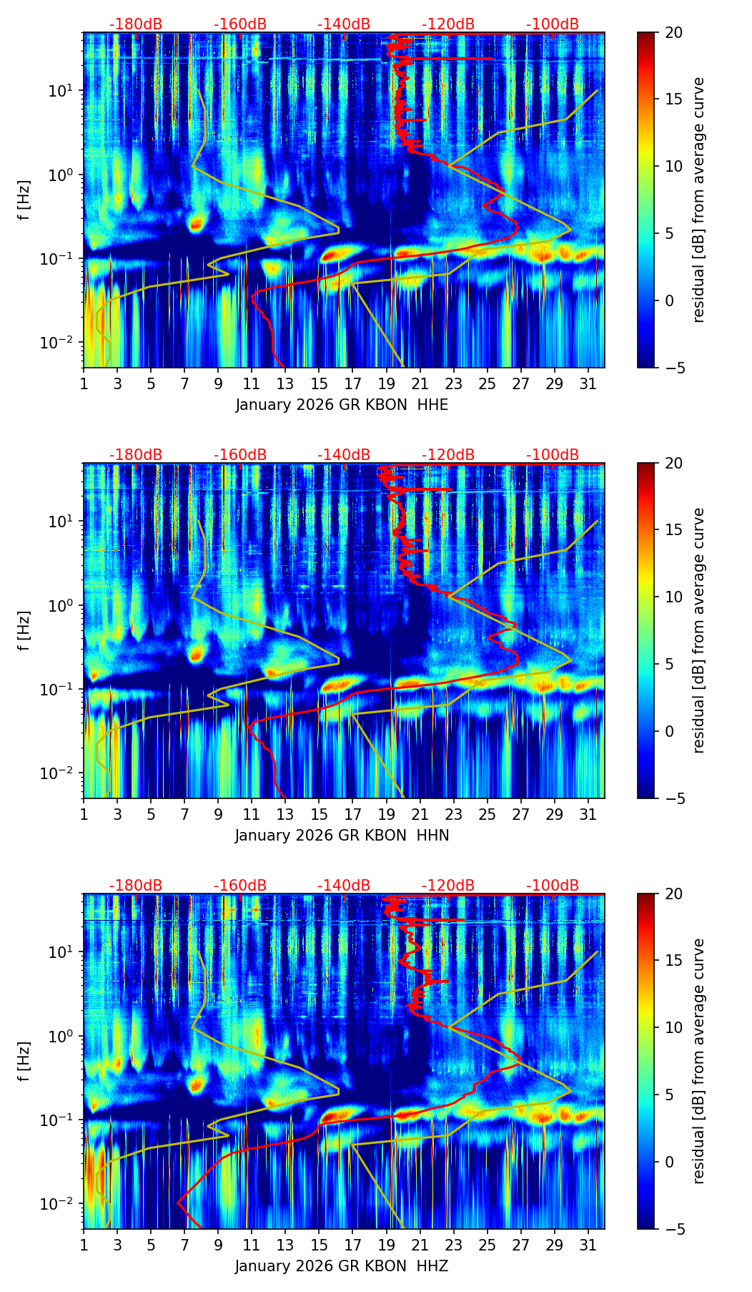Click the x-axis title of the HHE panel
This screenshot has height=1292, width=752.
[x=342, y=405]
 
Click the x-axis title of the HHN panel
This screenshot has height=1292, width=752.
[x=342, y=836]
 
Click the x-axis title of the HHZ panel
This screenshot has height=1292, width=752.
[x=342, y=1266]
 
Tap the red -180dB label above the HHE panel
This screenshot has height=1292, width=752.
[x=136, y=24]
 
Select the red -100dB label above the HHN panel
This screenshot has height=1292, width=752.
[x=553, y=455]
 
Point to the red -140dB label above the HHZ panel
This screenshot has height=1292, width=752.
[x=344, y=886]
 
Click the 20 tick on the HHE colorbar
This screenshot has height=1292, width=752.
[x=673, y=32]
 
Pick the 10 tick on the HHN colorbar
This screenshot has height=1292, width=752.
[x=673, y=597]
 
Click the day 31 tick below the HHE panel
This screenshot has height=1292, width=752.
[x=588, y=383]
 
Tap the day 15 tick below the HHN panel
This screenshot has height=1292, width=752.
[x=319, y=814]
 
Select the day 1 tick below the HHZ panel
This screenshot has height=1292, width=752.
[x=84, y=1245]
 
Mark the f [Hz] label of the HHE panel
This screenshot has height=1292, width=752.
[x=25, y=200]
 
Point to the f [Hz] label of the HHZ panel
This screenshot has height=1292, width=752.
[x=25, y=1061]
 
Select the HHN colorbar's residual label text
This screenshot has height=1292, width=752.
[x=699, y=630]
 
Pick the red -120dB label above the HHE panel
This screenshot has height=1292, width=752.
[x=448, y=24]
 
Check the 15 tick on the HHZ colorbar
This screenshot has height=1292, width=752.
[x=673, y=961]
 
